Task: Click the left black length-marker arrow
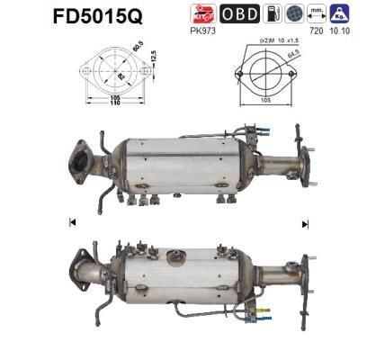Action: click(72, 222)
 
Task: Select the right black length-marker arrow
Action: click(305, 222)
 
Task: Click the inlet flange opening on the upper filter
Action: click(84, 163)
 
